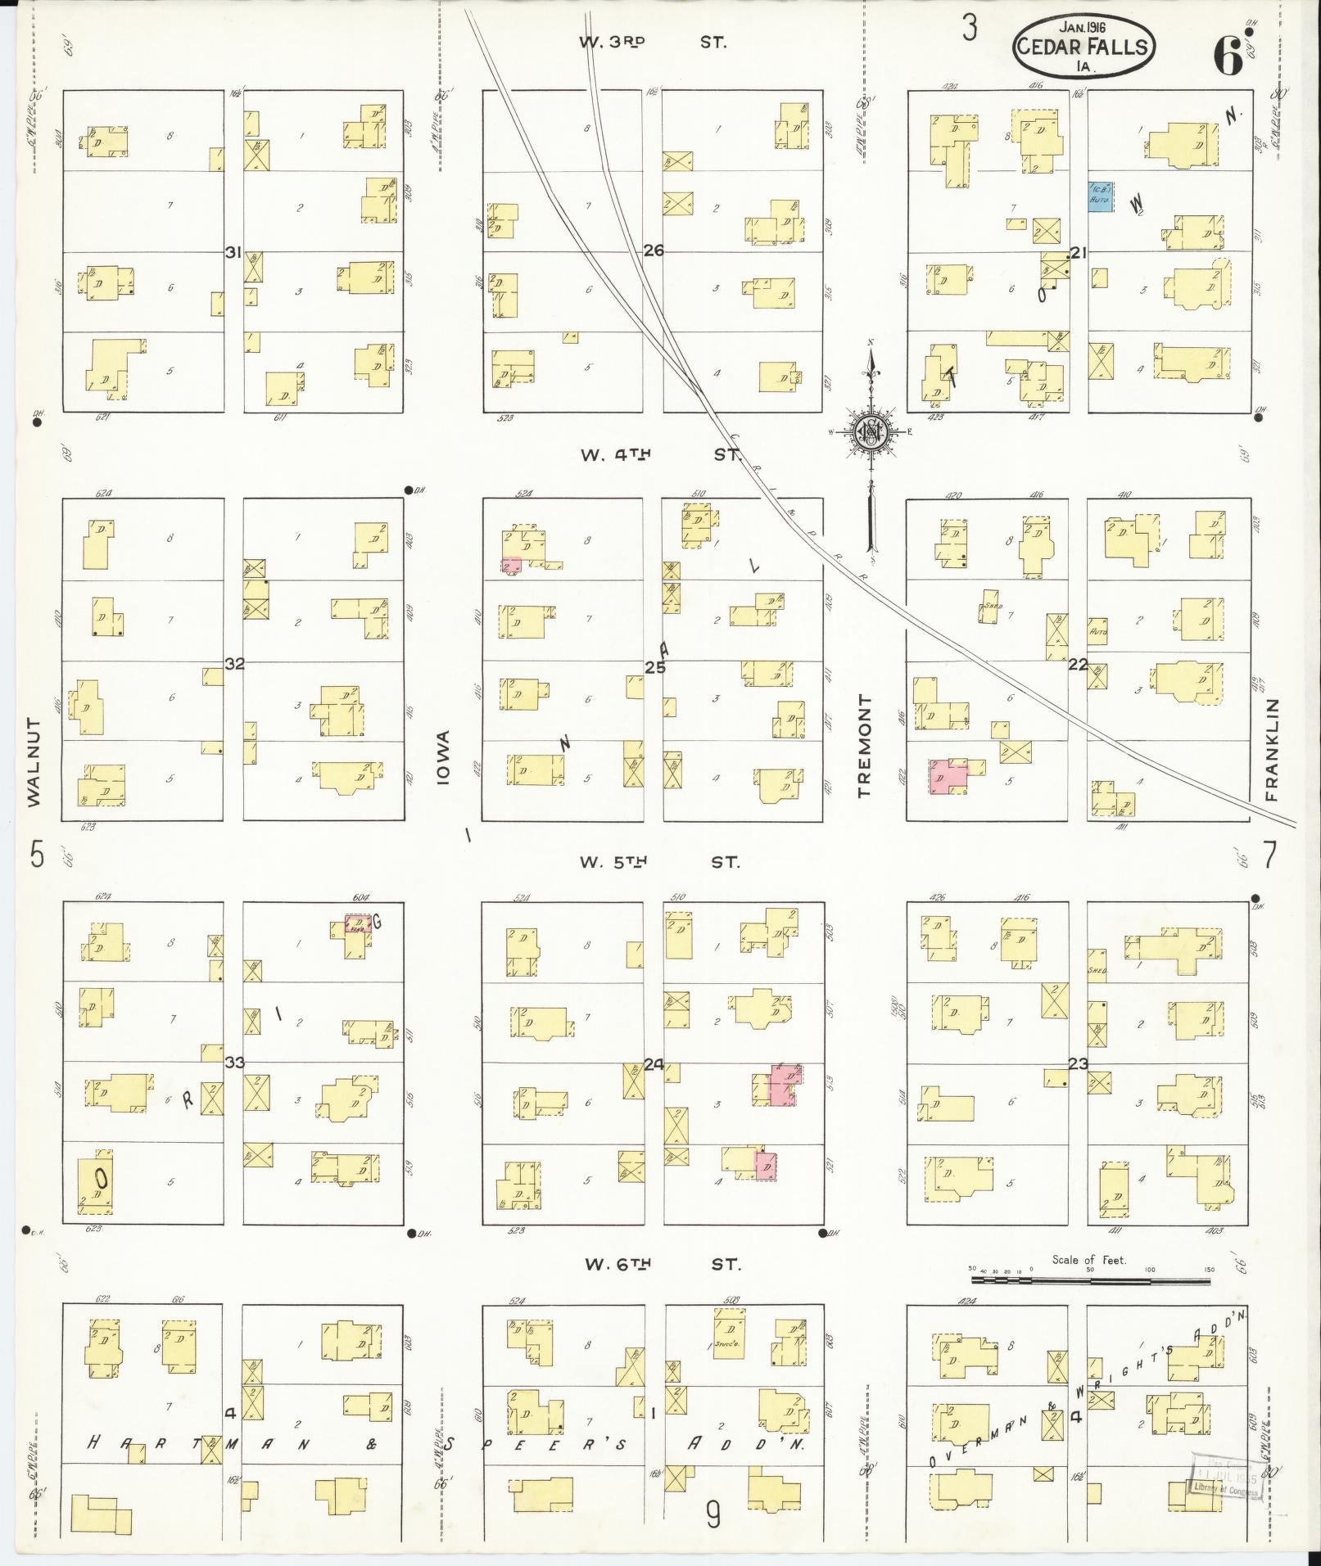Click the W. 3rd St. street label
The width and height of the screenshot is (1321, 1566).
(x=652, y=42)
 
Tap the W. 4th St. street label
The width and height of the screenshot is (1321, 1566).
(x=659, y=454)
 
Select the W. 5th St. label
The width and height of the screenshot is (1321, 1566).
(x=659, y=862)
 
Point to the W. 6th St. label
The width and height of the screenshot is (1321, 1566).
(x=663, y=1264)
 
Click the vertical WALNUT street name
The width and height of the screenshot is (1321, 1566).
(x=34, y=762)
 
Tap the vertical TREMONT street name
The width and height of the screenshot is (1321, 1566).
(x=865, y=747)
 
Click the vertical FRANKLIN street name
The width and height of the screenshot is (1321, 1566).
(x=1271, y=749)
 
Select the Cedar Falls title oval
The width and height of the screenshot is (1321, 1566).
(x=1085, y=46)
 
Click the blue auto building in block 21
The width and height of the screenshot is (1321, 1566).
(x=1099, y=197)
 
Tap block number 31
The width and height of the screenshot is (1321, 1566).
(x=233, y=253)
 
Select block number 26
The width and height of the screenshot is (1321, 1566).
(x=653, y=250)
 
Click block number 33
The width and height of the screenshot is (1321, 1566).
(x=235, y=1063)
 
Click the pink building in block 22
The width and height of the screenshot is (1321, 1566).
(x=948, y=776)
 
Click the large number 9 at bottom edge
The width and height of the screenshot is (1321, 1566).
(x=713, y=1516)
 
